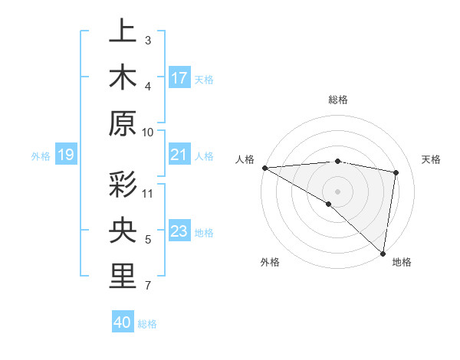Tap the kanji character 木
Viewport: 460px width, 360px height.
[123, 77]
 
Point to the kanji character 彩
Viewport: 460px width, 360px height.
[123, 185]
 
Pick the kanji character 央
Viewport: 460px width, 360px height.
[123, 231]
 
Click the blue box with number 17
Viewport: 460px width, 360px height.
[179, 78]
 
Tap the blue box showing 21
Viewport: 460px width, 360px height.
[179, 155]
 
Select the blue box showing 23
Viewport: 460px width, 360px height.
[179, 232]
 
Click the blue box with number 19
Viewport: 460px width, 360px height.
[66, 155]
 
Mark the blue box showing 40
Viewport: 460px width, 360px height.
[123, 323]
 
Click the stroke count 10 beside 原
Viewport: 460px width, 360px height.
[148, 132]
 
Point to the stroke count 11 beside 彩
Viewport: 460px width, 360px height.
[148, 193]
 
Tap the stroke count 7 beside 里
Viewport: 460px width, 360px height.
[148, 286]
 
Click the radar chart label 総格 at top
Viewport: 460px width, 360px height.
[337, 100]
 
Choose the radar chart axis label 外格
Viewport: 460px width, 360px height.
[269, 262]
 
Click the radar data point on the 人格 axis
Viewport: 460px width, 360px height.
[264, 167]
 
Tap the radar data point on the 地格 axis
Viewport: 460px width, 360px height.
[383, 253]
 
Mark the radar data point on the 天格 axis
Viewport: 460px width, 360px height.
[396, 172]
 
